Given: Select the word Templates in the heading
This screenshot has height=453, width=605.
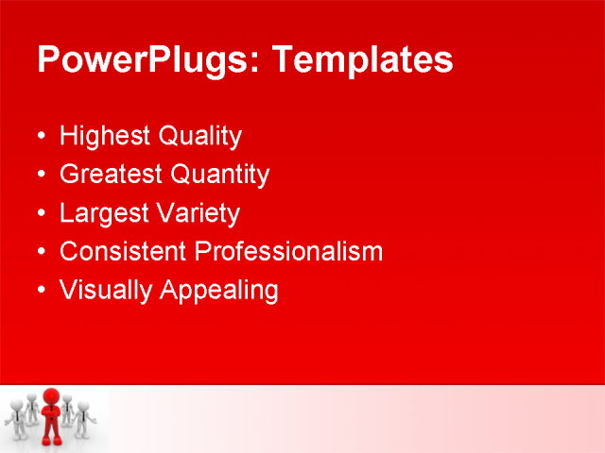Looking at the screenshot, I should pos(362,60).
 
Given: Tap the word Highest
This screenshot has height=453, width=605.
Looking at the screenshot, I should pos(105,137).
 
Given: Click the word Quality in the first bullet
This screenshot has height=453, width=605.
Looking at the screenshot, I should pos(199,137).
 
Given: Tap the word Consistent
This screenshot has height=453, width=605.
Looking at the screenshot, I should pos(123,252).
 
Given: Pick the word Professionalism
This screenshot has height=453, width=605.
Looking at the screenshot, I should pos(288,252).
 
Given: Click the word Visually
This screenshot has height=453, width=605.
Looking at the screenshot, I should pos(105,291).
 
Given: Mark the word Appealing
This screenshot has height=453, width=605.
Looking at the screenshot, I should pos(219,291).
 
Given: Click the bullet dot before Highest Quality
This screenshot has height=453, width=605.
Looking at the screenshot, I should pos(40,137).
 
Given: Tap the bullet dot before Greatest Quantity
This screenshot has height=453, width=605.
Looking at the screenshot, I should pos(40,176).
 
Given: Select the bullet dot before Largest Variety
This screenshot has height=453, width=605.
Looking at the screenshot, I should pos(40,214).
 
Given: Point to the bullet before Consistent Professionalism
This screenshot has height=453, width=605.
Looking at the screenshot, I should pos(40,252).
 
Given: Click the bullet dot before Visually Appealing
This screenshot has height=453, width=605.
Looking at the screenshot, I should pos(40,291).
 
